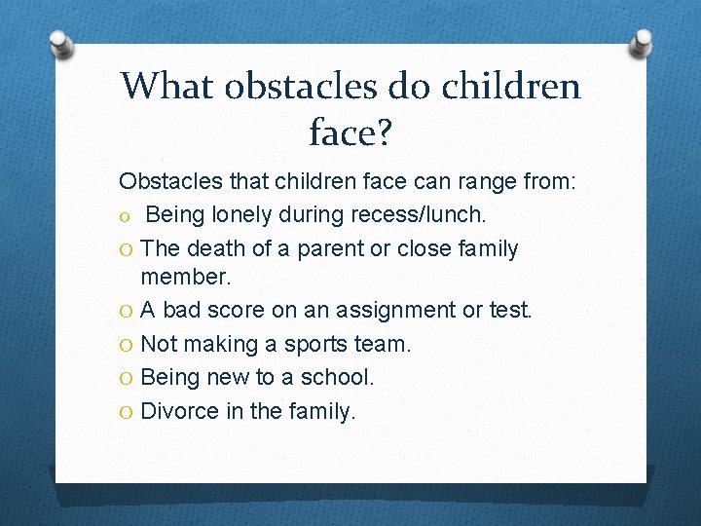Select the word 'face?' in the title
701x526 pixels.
(350, 133)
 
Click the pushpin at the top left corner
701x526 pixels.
(60, 45)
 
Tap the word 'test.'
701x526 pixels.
(509, 311)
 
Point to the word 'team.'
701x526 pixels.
(386, 344)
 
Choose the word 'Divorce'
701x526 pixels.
(180, 410)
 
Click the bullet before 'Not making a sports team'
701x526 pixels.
(127, 345)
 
